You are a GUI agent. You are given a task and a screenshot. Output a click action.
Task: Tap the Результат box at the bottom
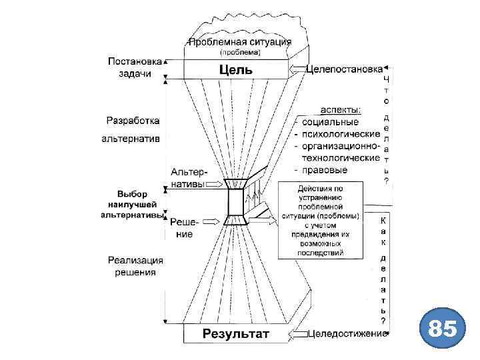pos(236,333)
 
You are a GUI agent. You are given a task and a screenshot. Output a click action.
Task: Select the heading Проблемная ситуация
pos(240,41)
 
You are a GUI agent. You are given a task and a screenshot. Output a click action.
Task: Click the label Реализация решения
pos(134,265)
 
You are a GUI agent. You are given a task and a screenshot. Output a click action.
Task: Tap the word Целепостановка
pos(344,69)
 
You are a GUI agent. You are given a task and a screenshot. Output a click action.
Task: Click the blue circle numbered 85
pos(442,329)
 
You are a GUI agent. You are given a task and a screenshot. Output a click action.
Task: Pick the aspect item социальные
pos(331,121)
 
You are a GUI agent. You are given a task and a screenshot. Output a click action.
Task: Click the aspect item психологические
pos(337,133)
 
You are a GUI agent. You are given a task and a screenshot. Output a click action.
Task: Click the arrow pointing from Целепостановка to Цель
pos(297,69)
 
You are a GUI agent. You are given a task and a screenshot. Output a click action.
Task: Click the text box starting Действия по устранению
pos(321,221)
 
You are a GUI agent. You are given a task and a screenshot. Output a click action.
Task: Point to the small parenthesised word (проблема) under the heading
pos(240,52)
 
